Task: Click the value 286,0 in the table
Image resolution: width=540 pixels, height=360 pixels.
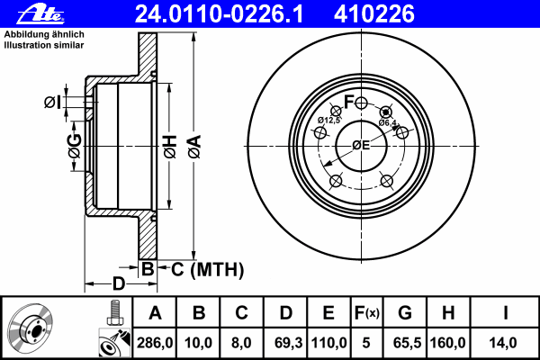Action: pyautogui.click(x=155, y=343)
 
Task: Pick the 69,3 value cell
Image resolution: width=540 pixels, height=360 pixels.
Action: pyautogui.click(x=285, y=343)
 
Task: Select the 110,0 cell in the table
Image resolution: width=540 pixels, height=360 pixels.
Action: pyautogui.click(x=328, y=343)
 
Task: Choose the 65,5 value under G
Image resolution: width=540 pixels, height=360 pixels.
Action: pyautogui.click(x=405, y=343)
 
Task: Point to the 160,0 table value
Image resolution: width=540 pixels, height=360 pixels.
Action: pyautogui.click(x=447, y=343)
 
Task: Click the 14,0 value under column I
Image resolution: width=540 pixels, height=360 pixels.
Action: pyautogui.click(x=506, y=343)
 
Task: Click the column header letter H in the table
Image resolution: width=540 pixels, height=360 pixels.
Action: pyautogui.click(x=447, y=314)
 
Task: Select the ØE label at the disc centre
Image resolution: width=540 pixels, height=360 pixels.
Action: pyautogui.click(x=361, y=145)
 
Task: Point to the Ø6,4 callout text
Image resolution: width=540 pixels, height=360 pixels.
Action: pyautogui.click(x=388, y=122)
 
